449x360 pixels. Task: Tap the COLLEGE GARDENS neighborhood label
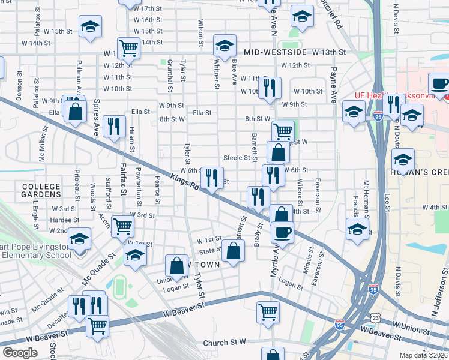coord(41,190)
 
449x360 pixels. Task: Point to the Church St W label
coord(224,342)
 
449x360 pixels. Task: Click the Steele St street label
coord(236,158)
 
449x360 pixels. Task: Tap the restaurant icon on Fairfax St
coord(113,127)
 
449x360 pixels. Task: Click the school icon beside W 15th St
coord(90,27)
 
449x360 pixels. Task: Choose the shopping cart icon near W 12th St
coord(128,47)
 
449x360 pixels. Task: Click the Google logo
coord(20,353)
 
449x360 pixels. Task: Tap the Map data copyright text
coord(424,355)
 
